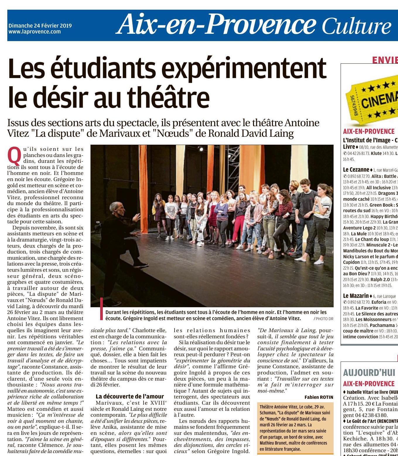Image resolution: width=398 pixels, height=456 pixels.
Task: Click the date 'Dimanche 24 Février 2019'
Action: pyautogui.click(x=40, y=26)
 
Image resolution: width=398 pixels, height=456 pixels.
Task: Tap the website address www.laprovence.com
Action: pyautogui.click(x=35, y=32)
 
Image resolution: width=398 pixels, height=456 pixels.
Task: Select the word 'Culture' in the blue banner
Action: pyautogui.click(x=356, y=26)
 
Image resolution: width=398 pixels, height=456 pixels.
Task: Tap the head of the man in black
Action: pyautogui.click(x=115, y=208)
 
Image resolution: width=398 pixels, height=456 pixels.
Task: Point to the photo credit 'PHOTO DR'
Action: pyautogui.click(x=323, y=318)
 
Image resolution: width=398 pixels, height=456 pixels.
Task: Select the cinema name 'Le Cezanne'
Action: pyautogui.click(x=356, y=170)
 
